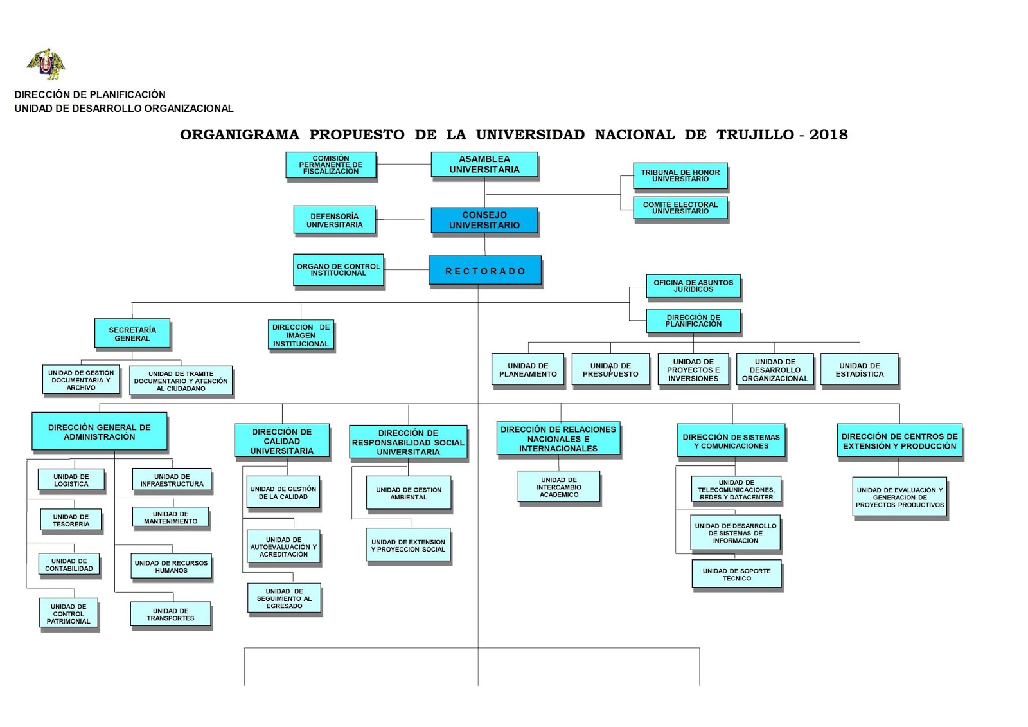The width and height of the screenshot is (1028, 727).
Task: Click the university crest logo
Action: pos(46,64)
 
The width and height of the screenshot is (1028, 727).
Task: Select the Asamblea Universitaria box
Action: pos(484,165)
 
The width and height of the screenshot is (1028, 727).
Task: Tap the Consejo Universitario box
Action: pos(484,220)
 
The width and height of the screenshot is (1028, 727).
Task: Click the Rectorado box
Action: pos(485,271)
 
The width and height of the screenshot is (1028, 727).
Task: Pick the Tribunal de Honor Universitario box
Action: pos(680,175)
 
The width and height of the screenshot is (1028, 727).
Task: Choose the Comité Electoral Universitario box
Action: pos(680,208)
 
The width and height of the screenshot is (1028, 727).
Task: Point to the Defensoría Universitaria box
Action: pos(334,220)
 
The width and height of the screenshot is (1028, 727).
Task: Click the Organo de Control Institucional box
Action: pos(338,269)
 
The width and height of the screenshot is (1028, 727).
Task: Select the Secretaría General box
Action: pos(132,334)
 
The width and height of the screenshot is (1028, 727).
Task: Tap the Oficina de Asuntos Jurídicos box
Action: pos(693,285)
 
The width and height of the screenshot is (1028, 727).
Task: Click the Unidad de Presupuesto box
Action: pos(610,370)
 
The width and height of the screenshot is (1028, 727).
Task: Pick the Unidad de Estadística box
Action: pos(859,370)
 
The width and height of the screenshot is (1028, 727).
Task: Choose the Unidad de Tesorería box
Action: pos(71,520)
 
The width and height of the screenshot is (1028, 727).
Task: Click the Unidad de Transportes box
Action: pos(170,614)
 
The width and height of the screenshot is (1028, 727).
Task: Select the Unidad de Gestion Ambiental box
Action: pos(409,493)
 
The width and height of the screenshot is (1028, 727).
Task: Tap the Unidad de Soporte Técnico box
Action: pos(736,574)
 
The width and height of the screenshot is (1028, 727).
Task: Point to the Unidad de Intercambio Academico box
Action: pos(559,487)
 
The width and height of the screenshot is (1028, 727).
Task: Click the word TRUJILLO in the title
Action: pos(756,135)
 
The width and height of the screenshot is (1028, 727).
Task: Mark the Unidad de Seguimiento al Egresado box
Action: pos(284,598)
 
